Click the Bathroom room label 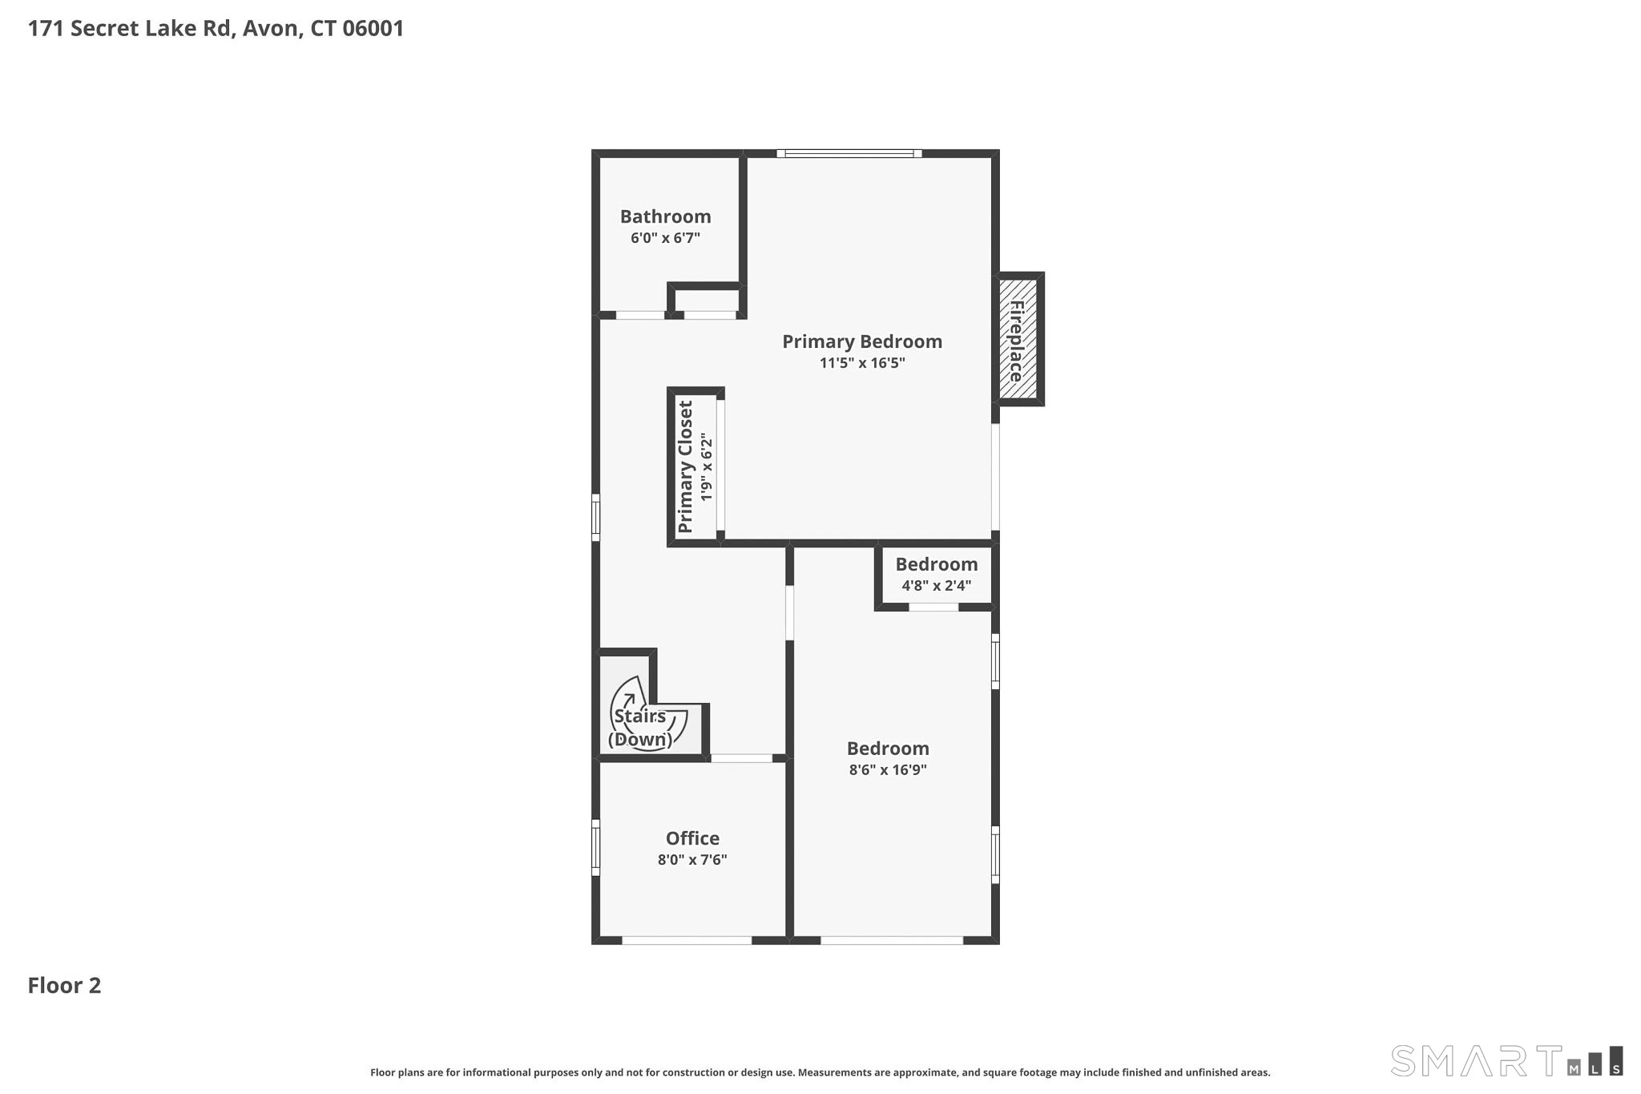tap(665, 216)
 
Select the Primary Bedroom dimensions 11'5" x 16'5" tap(862, 363)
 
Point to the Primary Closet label tap(685, 466)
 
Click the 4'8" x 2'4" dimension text tap(936, 586)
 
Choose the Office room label tap(692, 838)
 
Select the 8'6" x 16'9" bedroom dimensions tap(888, 770)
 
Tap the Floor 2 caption tap(64, 986)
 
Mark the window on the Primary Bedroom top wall tap(849, 153)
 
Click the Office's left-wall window tap(595, 848)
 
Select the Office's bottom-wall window tap(687, 940)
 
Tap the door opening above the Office tap(741, 757)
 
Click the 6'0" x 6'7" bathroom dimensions tap(665, 238)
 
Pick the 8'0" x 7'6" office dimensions tap(692, 860)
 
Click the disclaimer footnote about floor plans tap(820, 1072)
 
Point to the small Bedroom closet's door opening tap(933, 607)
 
